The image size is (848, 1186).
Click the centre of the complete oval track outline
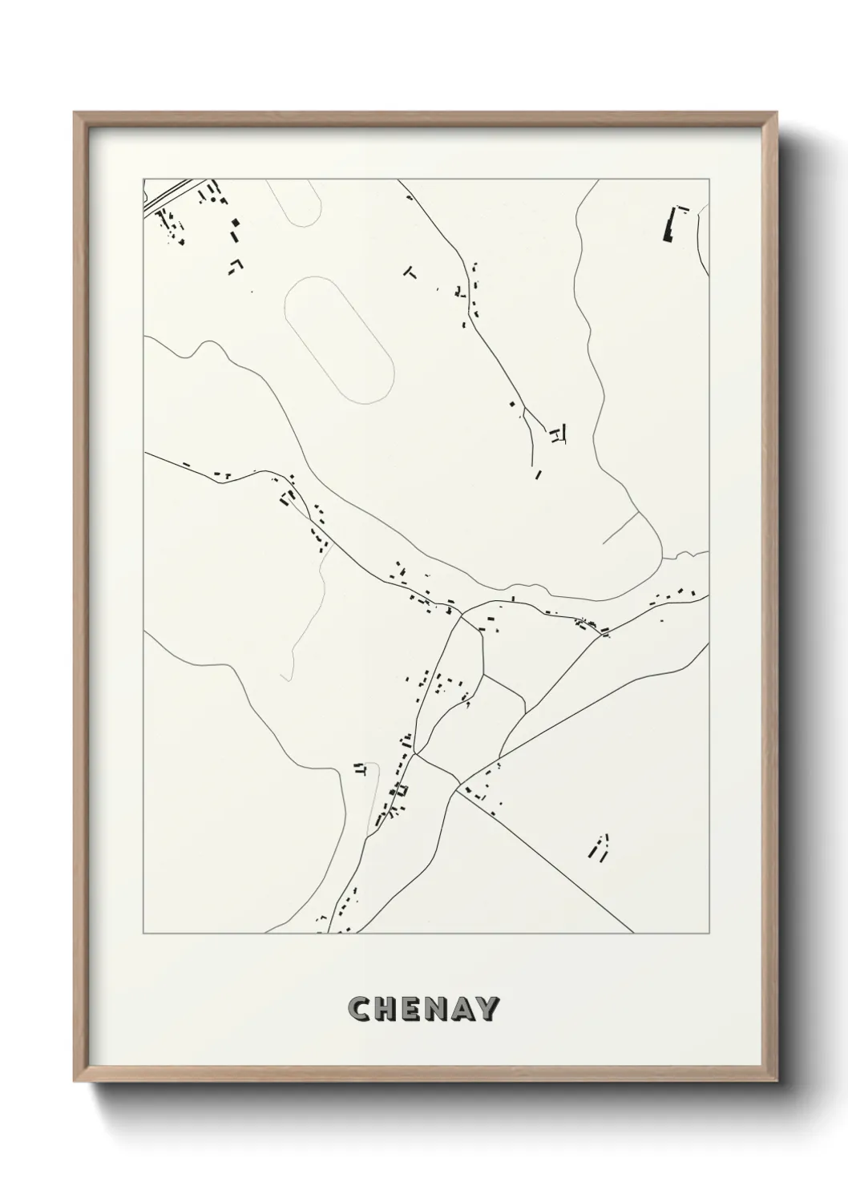coord(339,339)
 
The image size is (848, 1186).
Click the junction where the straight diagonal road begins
coord(458,789)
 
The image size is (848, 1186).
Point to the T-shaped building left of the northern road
coord(410,272)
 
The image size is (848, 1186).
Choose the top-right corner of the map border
coord(709,179)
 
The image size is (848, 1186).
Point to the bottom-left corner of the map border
coord(143,934)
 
